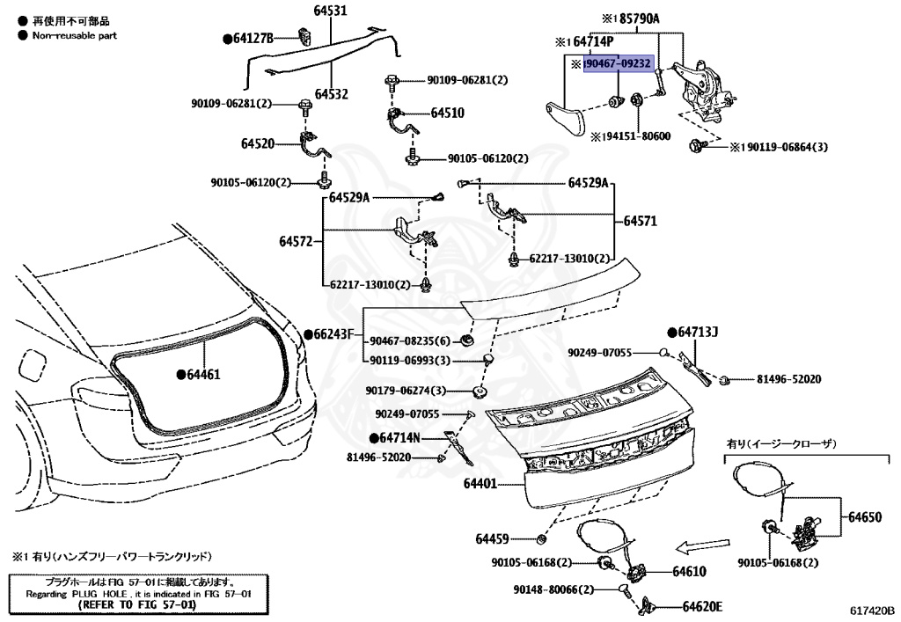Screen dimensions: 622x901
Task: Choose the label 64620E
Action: click(701, 606)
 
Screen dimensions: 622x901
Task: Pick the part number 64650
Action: click(864, 517)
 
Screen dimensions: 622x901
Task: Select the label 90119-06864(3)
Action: click(783, 146)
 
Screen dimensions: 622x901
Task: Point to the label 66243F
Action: click(333, 334)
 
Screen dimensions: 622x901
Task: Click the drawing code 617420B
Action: click(871, 610)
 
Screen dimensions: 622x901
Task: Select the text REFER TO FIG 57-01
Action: click(133, 605)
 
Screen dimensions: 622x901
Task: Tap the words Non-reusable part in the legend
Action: click(74, 36)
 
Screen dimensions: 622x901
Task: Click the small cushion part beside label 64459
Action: click(542, 538)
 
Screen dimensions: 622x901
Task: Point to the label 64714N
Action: click(393, 437)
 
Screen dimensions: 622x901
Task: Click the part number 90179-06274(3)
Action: click(406, 391)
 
